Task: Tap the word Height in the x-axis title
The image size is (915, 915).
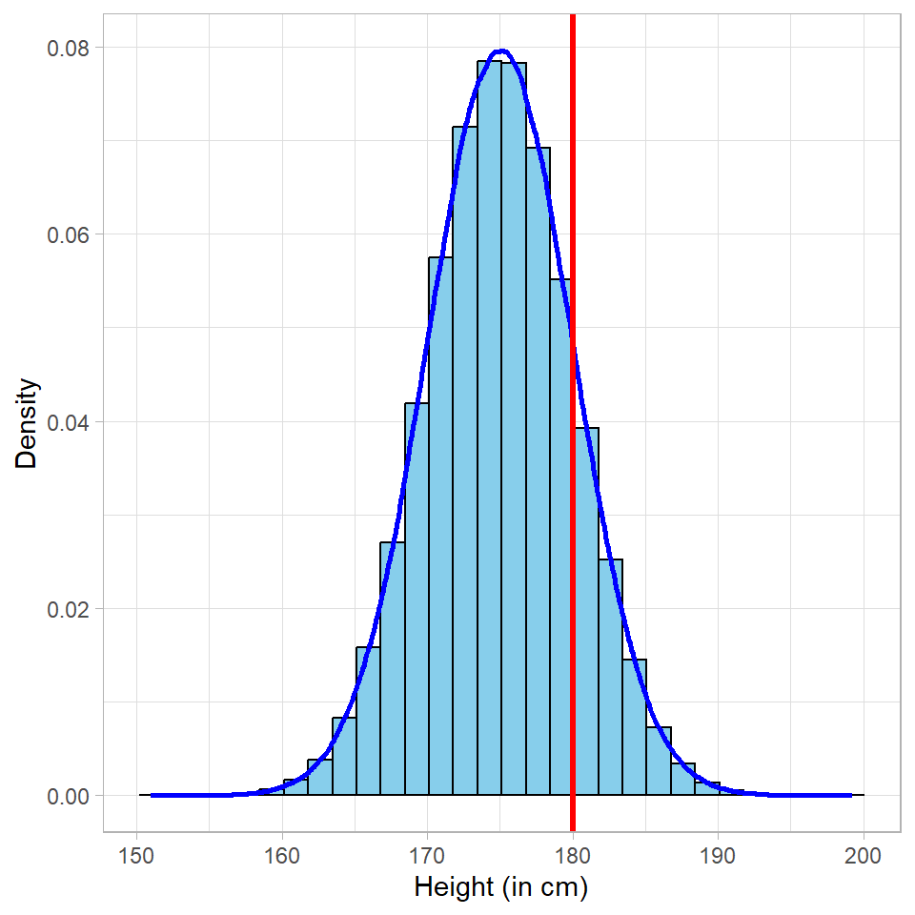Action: [452, 887]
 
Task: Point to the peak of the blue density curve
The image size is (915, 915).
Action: [501, 51]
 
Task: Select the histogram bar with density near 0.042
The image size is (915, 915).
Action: [417, 600]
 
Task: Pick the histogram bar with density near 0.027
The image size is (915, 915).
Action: [392, 667]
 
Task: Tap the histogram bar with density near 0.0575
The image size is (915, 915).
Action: [440, 524]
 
